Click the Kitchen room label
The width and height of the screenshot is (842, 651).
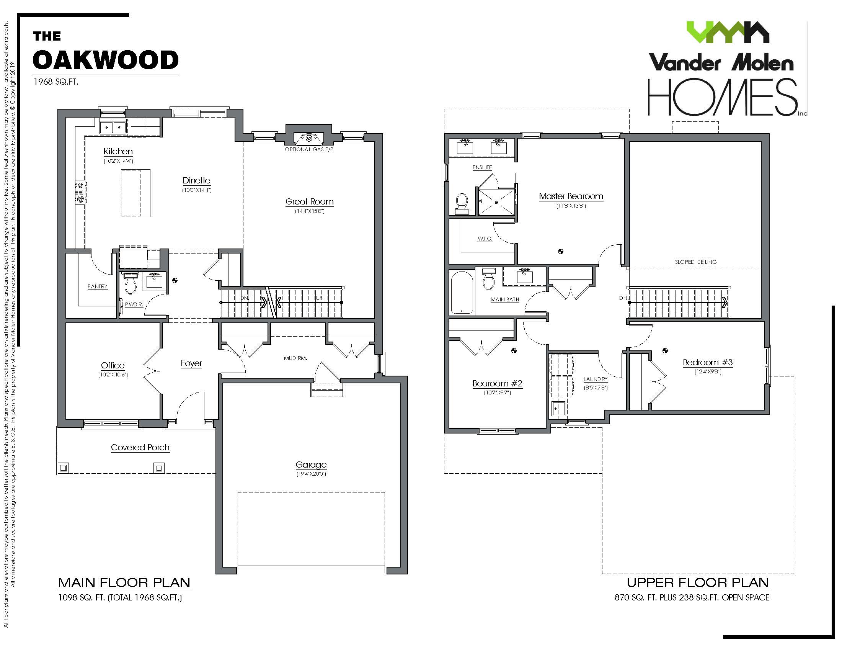pyautogui.click(x=118, y=152)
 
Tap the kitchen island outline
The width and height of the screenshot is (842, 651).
pyautogui.click(x=135, y=193)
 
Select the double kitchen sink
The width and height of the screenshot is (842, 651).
pyautogui.click(x=113, y=127)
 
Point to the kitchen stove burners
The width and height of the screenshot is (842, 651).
pyautogui.click(x=80, y=192)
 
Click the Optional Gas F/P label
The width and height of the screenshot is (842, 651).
pyautogui.click(x=309, y=149)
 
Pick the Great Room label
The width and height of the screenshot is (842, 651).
pyautogui.click(x=309, y=202)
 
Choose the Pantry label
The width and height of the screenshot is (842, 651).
pyautogui.click(x=97, y=286)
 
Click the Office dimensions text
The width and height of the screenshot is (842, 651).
pyautogui.click(x=113, y=375)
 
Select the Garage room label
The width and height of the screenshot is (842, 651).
pyautogui.click(x=311, y=465)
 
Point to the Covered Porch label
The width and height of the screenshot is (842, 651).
pyautogui.click(x=140, y=447)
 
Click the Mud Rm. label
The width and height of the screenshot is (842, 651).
pyautogui.click(x=295, y=358)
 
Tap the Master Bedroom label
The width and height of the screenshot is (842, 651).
pyautogui.click(x=571, y=196)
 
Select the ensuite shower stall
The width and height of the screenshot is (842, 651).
pyautogui.click(x=496, y=201)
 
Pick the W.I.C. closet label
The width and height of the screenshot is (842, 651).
pyautogui.click(x=485, y=239)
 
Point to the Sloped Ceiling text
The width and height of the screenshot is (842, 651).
pyautogui.click(x=695, y=262)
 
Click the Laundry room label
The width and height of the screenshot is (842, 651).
pyautogui.click(x=595, y=379)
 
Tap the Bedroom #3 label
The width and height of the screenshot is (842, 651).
pyautogui.click(x=707, y=363)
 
